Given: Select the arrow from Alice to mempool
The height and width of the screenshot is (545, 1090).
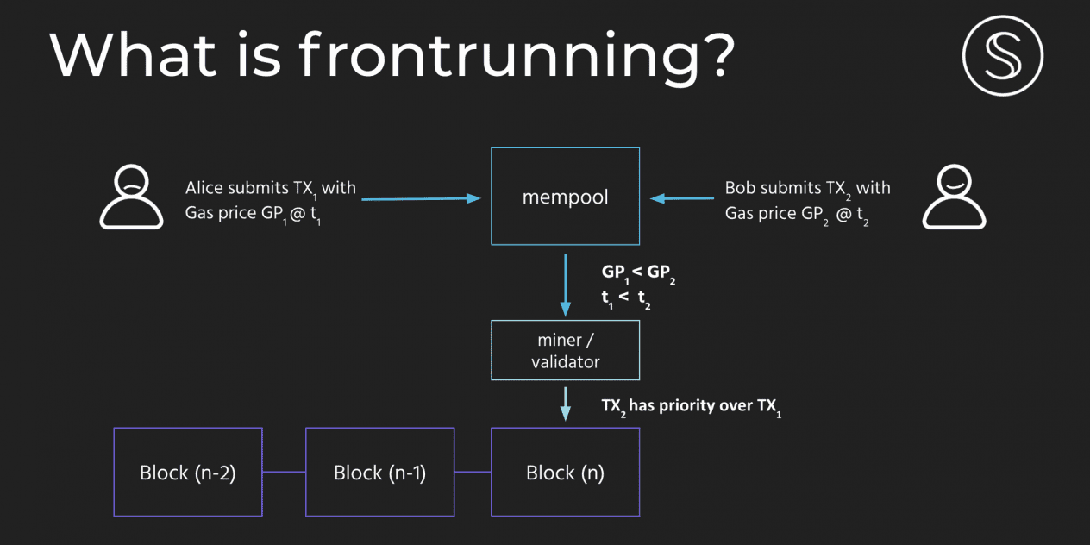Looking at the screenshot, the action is click(x=421, y=198).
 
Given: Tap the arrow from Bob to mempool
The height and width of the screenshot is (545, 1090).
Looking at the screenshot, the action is click(x=682, y=198).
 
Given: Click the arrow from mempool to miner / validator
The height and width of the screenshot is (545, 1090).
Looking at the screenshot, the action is click(x=565, y=285).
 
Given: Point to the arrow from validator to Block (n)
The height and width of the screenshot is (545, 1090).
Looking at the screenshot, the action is click(x=565, y=404).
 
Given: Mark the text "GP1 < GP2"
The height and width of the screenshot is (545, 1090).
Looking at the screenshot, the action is click(x=638, y=274).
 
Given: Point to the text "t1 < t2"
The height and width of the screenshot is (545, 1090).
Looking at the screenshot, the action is click(x=626, y=298).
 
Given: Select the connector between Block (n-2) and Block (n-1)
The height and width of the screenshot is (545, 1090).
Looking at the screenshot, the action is click(x=285, y=472).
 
